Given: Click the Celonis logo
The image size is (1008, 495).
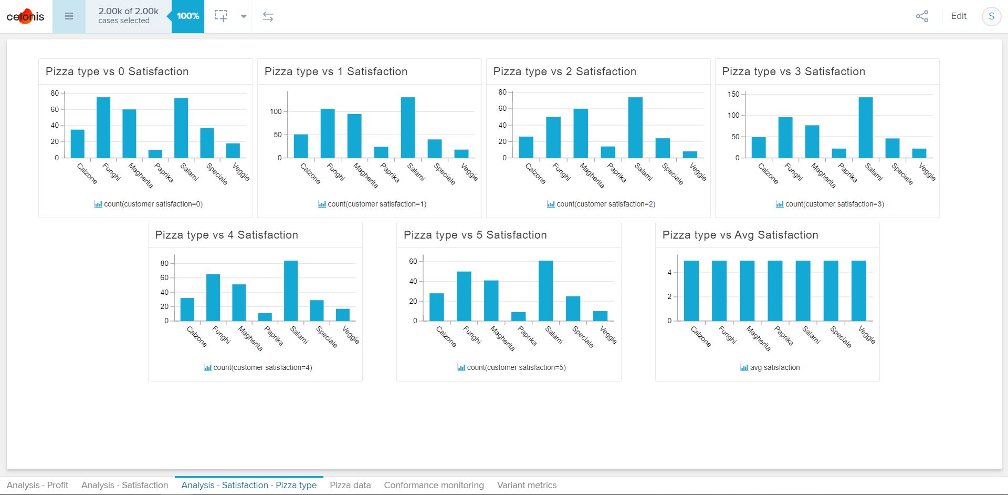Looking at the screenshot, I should (x=25, y=16).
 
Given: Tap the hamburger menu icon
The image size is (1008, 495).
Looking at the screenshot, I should (x=69, y=16).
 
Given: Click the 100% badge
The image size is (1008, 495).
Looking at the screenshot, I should (x=188, y=16).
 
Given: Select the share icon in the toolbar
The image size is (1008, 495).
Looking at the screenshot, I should (x=922, y=16).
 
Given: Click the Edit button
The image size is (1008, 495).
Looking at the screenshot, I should (x=959, y=16).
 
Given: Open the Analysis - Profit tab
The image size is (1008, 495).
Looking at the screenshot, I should (x=37, y=485).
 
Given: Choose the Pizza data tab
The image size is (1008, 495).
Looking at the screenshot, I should (x=350, y=485).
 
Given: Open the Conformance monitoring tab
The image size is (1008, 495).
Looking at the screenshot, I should (x=434, y=485).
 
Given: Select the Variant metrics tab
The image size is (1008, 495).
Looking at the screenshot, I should (x=527, y=485).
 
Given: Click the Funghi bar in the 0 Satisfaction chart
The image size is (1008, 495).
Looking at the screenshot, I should (x=103, y=128).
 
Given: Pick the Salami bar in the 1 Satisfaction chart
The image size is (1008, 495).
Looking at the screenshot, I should (x=408, y=128).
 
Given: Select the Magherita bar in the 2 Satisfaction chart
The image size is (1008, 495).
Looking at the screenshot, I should (x=581, y=133).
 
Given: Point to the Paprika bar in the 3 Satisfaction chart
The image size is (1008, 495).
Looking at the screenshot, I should (x=839, y=153).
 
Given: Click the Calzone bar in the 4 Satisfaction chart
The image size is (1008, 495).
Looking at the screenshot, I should (x=187, y=310).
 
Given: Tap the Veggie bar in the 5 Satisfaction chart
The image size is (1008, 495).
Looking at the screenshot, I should (x=600, y=316).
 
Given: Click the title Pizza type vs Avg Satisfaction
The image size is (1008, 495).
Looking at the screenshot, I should (x=740, y=235).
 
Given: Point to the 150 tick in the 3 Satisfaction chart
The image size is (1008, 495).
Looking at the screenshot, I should (x=733, y=94).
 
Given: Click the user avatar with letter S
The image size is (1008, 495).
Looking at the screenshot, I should (x=991, y=16).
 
